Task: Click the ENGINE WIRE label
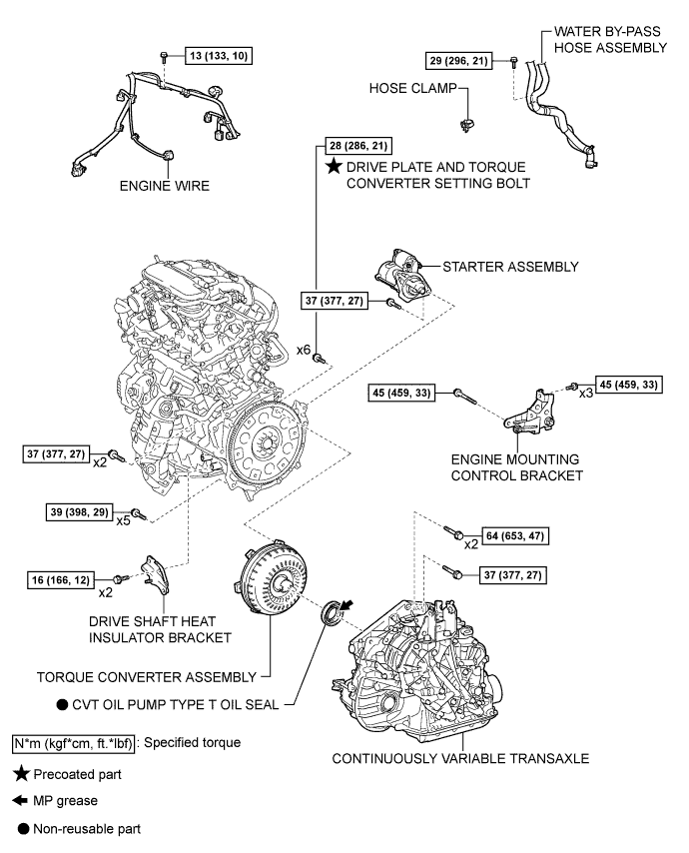point(159,185)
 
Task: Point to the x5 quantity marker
point(122,519)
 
